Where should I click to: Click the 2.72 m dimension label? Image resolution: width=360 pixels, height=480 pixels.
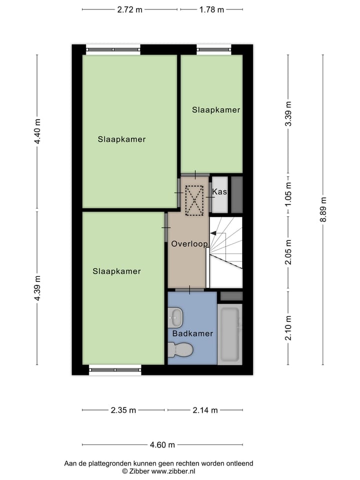(x=129, y=9)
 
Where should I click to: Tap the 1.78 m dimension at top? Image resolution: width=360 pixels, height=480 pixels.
(x=211, y=9)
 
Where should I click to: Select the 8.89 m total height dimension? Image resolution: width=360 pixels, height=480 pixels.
(x=323, y=210)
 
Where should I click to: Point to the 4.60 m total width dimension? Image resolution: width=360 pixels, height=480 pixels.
(x=163, y=445)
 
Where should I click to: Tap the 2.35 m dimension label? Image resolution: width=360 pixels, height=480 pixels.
(x=123, y=410)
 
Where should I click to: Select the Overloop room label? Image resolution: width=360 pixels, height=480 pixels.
(x=189, y=244)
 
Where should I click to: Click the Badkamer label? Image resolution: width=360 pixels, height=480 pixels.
(x=192, y=333)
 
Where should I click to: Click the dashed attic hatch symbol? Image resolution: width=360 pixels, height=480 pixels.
(x=194, y=200)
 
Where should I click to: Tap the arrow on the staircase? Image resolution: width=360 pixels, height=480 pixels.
(x=213, y=232)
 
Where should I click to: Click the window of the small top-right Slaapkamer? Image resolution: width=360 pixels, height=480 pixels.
(x=213, y=49)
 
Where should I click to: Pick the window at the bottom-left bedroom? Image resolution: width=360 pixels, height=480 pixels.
(x=114, y=370)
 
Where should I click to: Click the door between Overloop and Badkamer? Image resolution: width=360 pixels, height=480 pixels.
(x=189, y=289)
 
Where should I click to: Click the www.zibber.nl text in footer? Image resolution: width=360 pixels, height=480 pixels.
(x=173, y=471)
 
